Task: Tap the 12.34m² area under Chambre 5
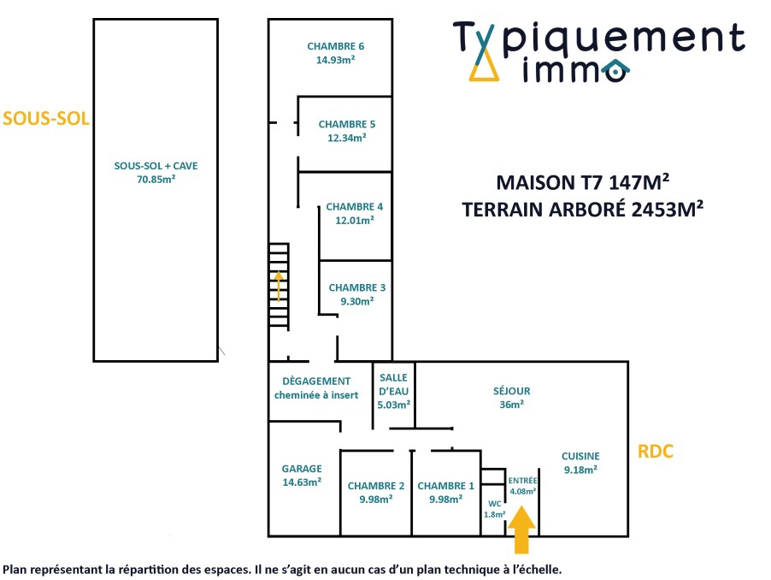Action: pos(346,138)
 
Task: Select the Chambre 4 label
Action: pos(354,206)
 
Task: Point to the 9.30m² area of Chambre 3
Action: pos(356,301)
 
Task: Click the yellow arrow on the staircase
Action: pos(279,287)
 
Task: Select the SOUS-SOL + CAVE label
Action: pos(156,166)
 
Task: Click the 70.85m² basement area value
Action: pos(155,180)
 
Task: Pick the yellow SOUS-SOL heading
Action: pos(46,118)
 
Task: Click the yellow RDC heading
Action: pos(656,452)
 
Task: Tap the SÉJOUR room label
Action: pos(511,391)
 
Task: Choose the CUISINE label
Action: pos(580,456)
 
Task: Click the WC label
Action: pos(493,503)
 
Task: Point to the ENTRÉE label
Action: pos(522,481)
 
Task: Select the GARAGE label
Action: pos(302,468)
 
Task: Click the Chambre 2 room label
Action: pos(376,486)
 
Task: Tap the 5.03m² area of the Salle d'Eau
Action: pos(394,405)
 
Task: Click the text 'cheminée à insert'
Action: pos(315,395)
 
